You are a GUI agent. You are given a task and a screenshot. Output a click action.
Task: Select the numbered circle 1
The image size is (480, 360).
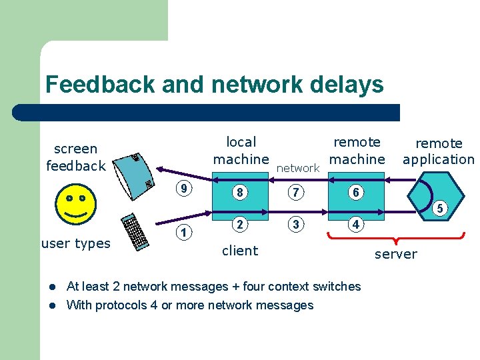pyautogui.click(x=185, y=232)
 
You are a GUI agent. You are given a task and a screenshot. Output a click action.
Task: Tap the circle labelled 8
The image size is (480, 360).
pyautogui.click(x=239, y=193)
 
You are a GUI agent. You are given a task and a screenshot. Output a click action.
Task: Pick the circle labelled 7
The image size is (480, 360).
pyautogui.click(x=296, y=193)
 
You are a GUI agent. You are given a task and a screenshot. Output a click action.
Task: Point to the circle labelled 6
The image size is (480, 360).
pyautogui.click(x=356, y=193)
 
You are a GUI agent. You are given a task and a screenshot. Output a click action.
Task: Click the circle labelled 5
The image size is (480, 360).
pyautogui.click(x=439, y=209)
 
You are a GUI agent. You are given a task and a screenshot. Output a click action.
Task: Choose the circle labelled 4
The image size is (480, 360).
pyautogui.click(x=356, y=225)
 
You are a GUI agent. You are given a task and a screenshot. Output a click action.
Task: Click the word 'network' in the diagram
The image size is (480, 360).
pyautogui.click(x=298, y=168)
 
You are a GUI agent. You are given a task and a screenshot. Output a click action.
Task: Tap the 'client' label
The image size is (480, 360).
pyautogui.click(x=239, y=251)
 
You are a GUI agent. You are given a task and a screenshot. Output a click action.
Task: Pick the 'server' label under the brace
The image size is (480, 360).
pyautogui.click(x=395, y=254)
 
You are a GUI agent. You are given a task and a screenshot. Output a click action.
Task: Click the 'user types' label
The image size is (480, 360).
pyautogui.click(x=76, y=243)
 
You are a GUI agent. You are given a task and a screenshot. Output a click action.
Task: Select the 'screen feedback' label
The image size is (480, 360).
pyautogui.click(x=76, y=157)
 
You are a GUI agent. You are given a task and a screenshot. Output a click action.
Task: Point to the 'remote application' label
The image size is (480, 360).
pyautogui.click(x=438, y=151)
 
